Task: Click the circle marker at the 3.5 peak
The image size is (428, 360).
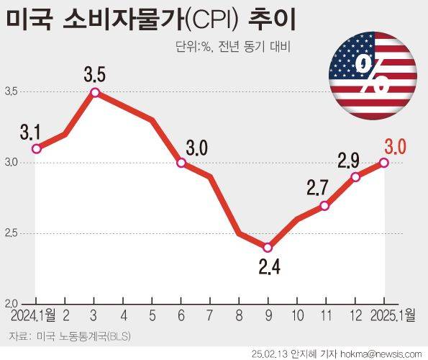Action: click(94, 92)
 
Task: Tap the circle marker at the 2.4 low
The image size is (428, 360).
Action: click(268, 248)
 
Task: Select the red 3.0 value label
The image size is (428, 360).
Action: click(396, 148)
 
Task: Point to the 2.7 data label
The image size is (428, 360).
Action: click(317, 189)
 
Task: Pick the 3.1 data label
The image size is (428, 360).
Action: click(31, 133)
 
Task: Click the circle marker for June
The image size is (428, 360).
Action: click(181, 163)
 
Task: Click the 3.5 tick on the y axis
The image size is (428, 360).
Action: click(12, 92)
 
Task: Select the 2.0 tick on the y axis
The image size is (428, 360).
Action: click(12, 303)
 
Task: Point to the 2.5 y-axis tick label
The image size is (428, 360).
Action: click(12, 233)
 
